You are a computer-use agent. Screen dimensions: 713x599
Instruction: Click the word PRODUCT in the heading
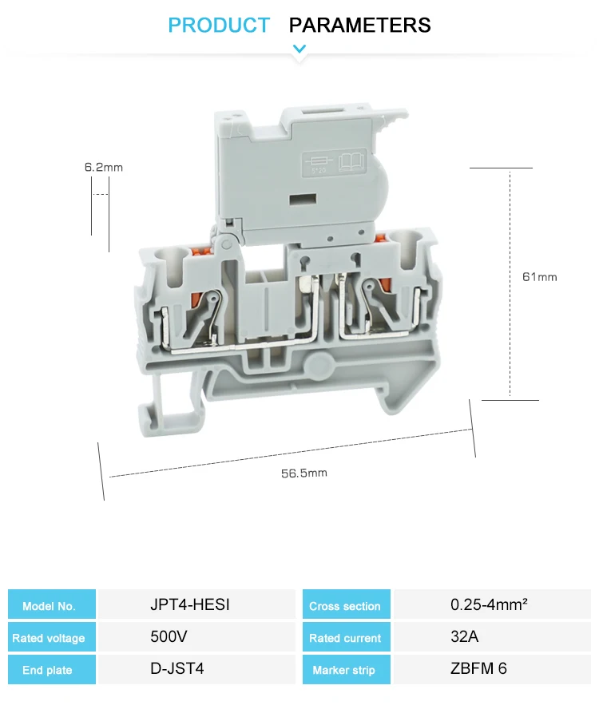[x=219, y=26]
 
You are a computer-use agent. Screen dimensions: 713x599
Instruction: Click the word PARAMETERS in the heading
[x=359, y=26]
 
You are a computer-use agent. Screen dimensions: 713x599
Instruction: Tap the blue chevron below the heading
[x=299, y=50]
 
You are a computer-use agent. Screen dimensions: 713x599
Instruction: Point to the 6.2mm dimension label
[x=104, y=168]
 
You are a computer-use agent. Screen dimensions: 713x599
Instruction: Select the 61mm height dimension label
[x=539, y=277]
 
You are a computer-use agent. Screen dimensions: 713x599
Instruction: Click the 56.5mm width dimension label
[x=303, y=473]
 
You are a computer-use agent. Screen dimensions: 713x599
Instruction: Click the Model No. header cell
[x=49, y=606]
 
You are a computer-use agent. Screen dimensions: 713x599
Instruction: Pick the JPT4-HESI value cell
[x=190, y=604]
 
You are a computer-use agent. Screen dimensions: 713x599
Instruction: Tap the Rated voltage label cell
[x=49, y=638]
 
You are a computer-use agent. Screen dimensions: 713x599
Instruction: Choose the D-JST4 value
[x=177, y=669]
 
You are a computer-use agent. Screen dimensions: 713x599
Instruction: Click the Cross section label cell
[x=345, y=606]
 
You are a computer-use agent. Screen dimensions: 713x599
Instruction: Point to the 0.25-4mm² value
[x=489, y=604]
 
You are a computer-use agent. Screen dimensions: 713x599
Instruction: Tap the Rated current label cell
[x=345, y=638]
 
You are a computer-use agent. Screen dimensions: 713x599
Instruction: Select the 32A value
[x=463, y=637]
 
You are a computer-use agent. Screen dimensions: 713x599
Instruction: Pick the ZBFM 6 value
[x=478, y=669]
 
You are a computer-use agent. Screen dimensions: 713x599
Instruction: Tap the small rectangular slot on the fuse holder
[x=299, y=200]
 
